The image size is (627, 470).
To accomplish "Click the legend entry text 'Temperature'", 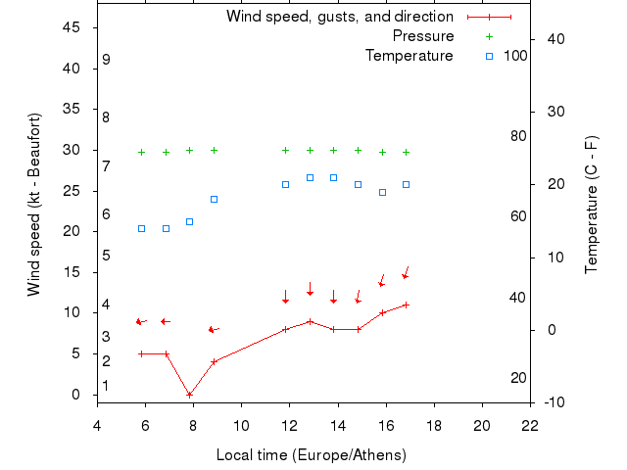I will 410,56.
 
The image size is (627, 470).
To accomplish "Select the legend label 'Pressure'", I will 423,36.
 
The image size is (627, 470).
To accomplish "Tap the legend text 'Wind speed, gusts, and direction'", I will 340,17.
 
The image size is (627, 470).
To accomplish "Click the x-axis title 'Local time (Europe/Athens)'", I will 312,455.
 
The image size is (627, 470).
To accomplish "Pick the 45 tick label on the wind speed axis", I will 72,27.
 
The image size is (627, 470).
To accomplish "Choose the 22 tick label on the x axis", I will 530,426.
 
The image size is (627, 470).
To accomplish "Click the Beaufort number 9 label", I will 106,60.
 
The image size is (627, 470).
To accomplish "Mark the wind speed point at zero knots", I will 190,395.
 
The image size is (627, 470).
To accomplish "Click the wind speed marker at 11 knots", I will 406,305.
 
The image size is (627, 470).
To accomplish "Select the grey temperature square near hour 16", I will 382,192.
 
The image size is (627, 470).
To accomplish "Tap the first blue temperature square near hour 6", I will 142,228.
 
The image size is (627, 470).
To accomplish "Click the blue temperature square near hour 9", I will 214,199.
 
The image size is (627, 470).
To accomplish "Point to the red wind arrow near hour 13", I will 310,289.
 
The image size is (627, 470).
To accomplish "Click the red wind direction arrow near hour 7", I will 165,321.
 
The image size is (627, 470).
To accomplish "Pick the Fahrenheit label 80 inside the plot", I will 518,136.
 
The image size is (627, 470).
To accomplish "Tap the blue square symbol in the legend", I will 490,56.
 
